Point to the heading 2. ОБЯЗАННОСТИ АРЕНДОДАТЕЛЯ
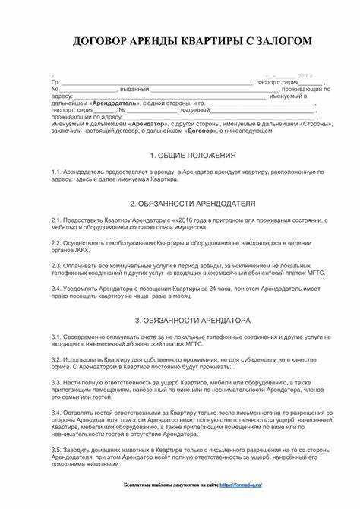click(x=191, y=204)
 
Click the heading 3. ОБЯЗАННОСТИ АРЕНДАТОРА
click(x=191, y=320)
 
